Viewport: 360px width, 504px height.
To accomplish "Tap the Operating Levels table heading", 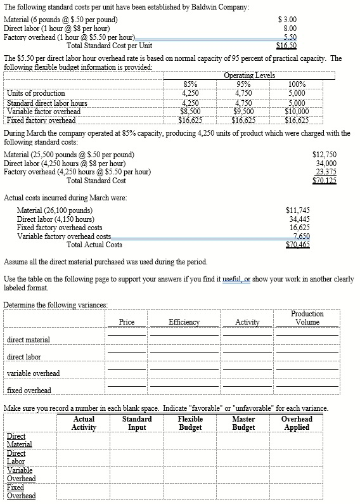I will tap(249, 76).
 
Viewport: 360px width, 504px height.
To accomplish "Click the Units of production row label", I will tap(36, 93).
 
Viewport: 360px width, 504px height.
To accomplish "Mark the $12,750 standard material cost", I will tap(325, 155).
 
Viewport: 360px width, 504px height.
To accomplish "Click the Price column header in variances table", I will tap(127, 322).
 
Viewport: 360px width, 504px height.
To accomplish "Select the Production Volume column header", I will tap(307, 318).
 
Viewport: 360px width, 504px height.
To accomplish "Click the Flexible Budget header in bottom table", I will tap(190, 423).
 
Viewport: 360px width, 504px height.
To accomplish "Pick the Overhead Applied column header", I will tap(297, 423).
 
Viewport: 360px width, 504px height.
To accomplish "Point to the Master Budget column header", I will tap(244, 423).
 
